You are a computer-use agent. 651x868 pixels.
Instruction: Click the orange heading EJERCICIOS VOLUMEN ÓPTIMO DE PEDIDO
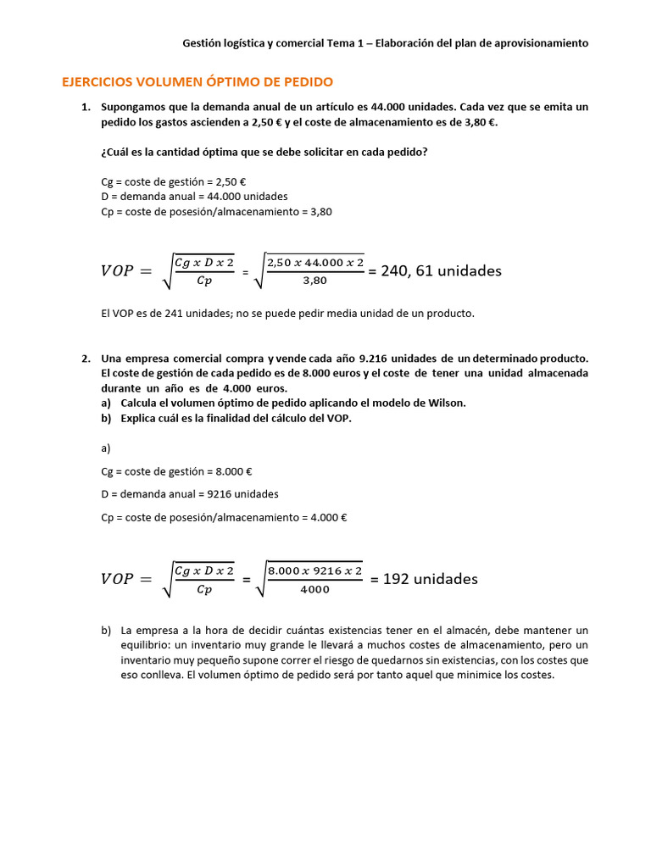[x=198, y=82]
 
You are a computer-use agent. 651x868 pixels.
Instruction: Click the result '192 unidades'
[x=431, y=579]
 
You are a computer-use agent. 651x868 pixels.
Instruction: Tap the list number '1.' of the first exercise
[x=86, y=107]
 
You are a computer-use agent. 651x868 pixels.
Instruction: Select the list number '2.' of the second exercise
[x=86, y=358]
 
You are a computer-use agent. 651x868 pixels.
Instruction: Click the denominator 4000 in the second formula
[x=314, y=590]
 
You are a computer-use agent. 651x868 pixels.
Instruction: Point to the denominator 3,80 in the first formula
[x=314, y=281]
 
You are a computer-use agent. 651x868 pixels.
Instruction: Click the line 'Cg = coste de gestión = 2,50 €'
[x=173, y=181]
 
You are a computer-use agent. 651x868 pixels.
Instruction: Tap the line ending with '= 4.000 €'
[x=224, y=517]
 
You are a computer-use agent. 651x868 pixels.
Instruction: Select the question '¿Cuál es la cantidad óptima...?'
[x=264, y=152]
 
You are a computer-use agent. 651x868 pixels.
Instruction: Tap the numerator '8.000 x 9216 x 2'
[x=314, y=570]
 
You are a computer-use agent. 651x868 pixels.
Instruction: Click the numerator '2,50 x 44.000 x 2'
[x=314, y=262]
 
